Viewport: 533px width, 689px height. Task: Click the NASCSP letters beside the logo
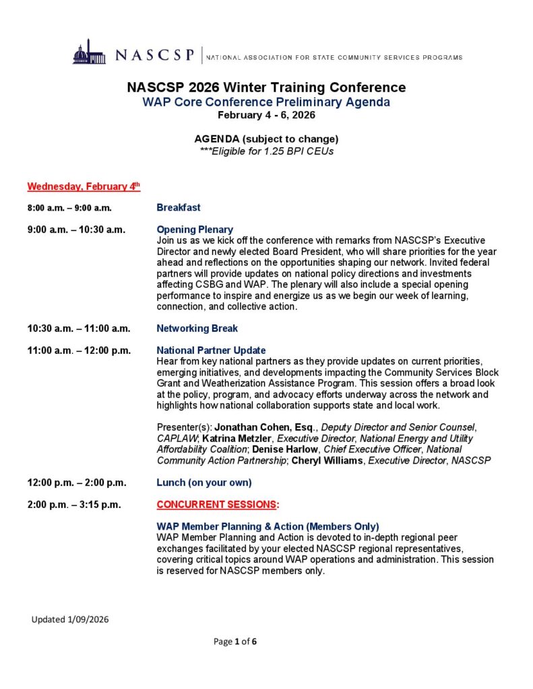(x=155, y=55)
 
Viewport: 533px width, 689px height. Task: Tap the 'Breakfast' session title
(x=179, y=207)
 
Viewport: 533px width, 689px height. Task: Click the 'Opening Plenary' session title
(x=195, y=229)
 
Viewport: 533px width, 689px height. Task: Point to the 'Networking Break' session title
(x=197, y=328)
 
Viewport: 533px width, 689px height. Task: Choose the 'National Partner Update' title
(x=211, y=350)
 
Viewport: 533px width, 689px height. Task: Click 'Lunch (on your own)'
(x=204, y=482)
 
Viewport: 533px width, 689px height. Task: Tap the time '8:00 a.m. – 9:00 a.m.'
(x=69, y=208)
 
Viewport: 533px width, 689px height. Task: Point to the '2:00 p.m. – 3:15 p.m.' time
(x=74, y=505)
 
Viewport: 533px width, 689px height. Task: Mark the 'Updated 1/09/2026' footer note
(x=70, y=619)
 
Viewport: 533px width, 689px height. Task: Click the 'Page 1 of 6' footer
(x=235, y=641)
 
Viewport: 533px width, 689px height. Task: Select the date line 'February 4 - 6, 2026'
(x=266, y=115)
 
